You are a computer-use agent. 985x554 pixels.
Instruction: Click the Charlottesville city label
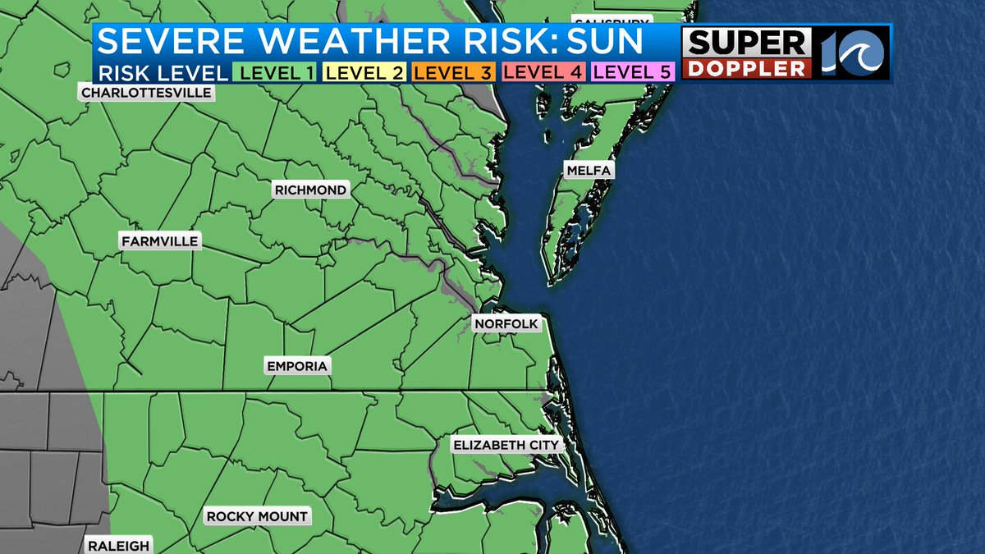[x=146, y=93]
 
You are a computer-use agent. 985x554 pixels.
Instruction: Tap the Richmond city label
[x=310, y=190]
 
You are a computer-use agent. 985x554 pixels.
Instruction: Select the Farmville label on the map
[x=159, y=241]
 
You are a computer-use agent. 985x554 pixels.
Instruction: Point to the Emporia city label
[x=297, y=366]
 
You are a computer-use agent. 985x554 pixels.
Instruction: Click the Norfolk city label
[x=506, y=324]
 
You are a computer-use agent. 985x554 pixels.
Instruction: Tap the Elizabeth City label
[x=506, y=446]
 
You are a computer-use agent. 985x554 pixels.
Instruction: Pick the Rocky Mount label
[x=257, y=516]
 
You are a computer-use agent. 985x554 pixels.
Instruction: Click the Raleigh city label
[x=119, y=546]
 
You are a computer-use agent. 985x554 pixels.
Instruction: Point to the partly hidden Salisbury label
[x=612, y=22]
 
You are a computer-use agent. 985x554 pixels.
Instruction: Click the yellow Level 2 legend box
[x=364, y=72]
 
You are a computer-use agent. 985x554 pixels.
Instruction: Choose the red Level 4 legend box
[x=543, y=72]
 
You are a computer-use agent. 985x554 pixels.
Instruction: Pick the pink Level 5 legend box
[x=632, y=72]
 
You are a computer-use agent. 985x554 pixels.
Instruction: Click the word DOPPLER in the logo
[x=746, y=69]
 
